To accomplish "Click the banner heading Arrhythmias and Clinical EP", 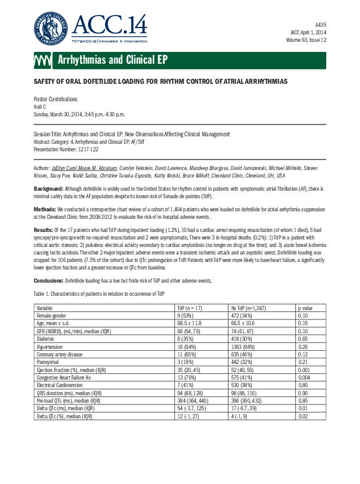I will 112,60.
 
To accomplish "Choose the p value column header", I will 305,309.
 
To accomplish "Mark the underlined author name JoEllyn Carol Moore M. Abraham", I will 86,169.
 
